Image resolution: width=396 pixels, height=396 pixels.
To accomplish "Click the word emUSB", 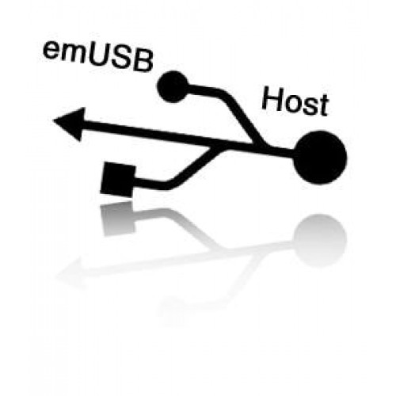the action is [98, 56].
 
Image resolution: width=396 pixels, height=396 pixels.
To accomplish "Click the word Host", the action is [295, 101].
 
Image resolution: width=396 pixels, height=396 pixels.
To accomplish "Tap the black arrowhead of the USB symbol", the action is [70, 124].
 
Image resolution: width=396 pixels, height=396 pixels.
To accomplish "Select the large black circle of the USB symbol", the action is [320, 158].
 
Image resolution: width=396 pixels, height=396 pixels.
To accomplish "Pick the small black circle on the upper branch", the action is [173, 86].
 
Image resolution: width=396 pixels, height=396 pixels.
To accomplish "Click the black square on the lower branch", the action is [118, 180].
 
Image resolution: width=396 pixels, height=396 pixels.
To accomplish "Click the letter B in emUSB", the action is [143, 60].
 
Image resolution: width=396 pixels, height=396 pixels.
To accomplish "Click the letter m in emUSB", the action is [73, 54].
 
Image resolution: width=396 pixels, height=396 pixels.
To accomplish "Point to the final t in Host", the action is [324, 105].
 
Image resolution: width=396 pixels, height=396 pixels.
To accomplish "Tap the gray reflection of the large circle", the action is [320, 241].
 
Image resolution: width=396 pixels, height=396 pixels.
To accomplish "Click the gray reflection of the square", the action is [118, 219].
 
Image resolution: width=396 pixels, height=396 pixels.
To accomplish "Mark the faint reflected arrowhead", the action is [70, 273].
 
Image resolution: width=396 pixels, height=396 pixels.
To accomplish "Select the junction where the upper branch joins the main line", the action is [260, 145].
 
